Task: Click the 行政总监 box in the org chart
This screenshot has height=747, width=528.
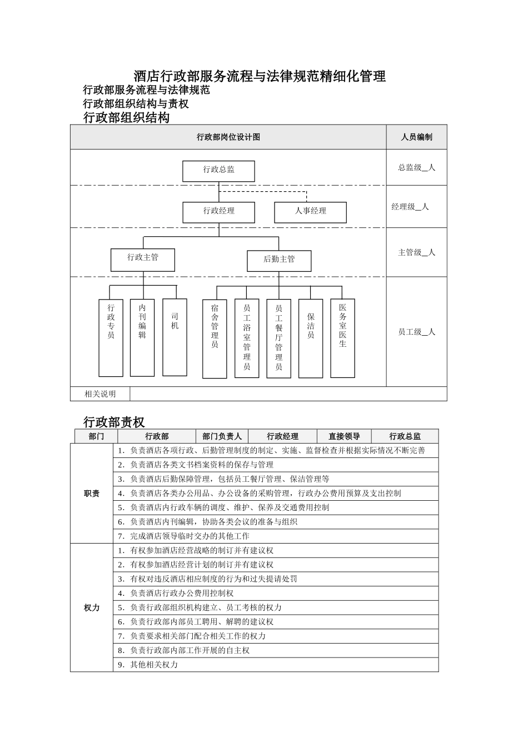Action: [x=218, y=171]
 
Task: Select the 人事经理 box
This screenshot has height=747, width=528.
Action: [x=310, y=212]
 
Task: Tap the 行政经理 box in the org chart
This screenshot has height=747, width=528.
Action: [x=218, y=212]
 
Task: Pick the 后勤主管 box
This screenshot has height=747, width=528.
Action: [x=279, y=260]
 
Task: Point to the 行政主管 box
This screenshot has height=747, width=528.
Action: [x=143, y=259]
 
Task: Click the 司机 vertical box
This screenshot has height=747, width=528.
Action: [x=175, y=337]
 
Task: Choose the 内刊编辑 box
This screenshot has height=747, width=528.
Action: [x=142, y=337]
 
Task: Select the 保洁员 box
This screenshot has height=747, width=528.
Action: [x=311, y=338]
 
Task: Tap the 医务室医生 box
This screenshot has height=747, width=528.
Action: [x=342, y=338]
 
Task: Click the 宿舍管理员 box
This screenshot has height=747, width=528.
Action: [x=215, y=338]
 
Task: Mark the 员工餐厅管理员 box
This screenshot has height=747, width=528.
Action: [x=278, y=338]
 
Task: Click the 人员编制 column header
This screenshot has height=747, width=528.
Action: [x=416, y=137]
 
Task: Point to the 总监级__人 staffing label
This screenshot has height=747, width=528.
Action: [x=416, y=167]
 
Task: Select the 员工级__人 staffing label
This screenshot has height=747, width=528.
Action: [x=416, y=332]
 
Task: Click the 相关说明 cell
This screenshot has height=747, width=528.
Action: [x=100, y=394]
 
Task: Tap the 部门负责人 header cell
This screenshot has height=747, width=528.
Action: [x=222, y=436]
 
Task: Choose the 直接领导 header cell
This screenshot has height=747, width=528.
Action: [x=344, y=436]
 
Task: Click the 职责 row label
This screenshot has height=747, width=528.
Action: [x=92, y=494]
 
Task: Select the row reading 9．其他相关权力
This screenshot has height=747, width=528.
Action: [x=275, y=665]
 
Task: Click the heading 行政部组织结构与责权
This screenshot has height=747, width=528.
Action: [x=136, y=103]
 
